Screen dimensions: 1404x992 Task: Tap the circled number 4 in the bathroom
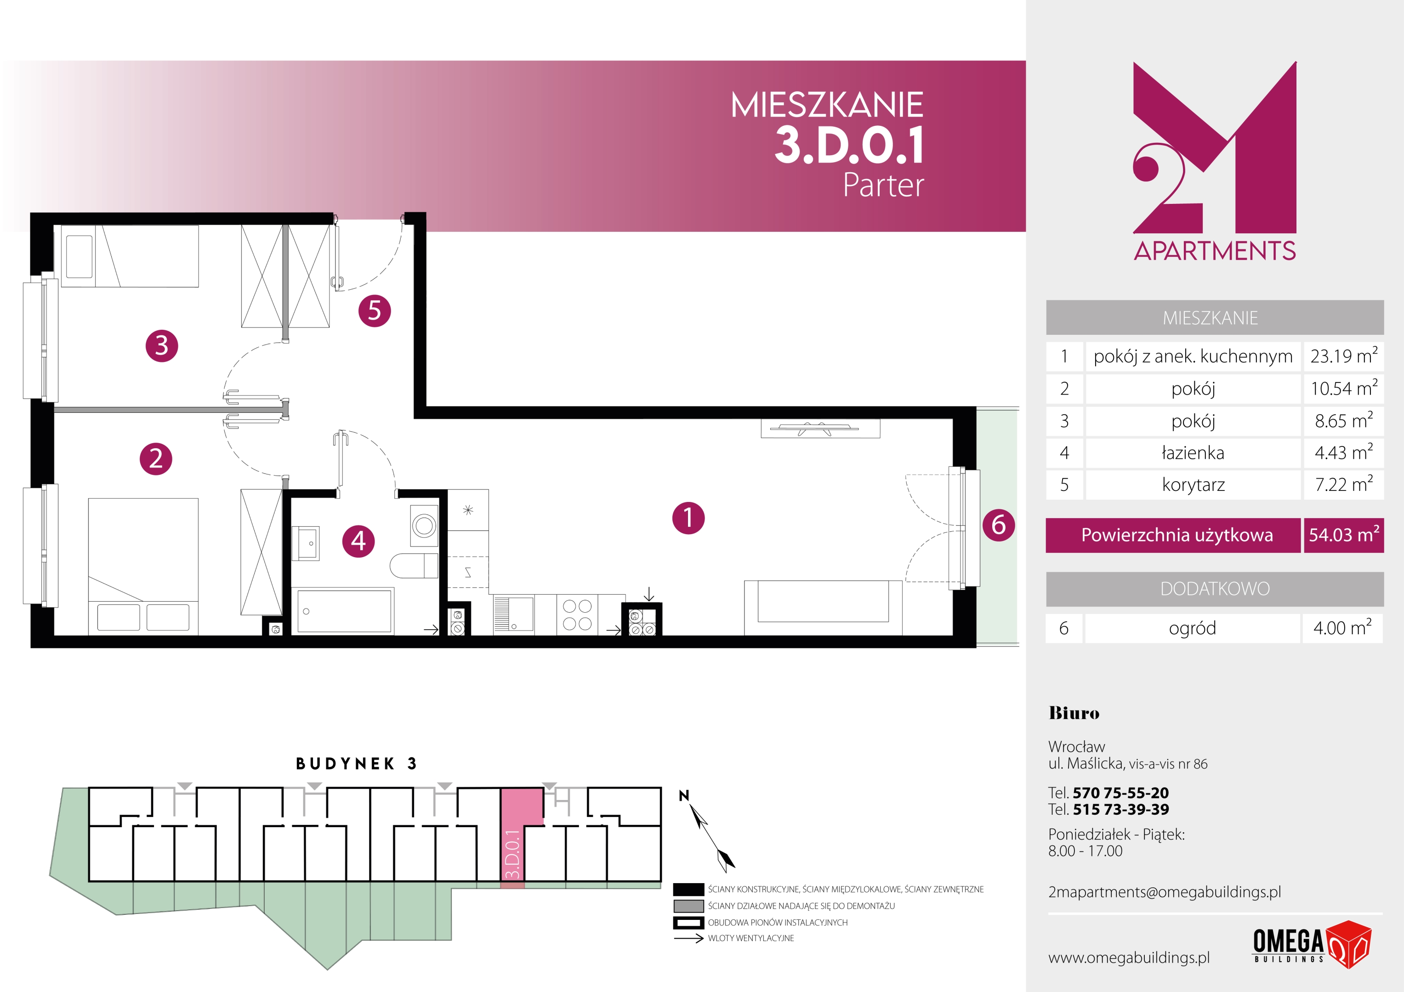(358, 541)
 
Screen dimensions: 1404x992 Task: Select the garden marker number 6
(999, 524)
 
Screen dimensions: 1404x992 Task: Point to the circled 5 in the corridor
(374, 310)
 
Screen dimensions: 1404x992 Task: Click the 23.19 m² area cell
(1343, 356)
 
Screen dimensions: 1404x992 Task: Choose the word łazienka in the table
(1193, 453)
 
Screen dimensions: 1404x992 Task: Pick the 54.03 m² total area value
(1343, 535)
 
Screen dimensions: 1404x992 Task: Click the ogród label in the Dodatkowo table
(1193, 628)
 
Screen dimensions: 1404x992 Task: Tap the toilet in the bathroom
(414, 566)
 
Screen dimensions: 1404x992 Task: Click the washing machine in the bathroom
(424, 524)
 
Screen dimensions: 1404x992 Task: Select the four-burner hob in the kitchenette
(577, 615)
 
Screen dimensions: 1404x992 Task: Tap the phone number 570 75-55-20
(1120, 793)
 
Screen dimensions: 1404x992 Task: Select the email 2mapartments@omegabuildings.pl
(1164, 892)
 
